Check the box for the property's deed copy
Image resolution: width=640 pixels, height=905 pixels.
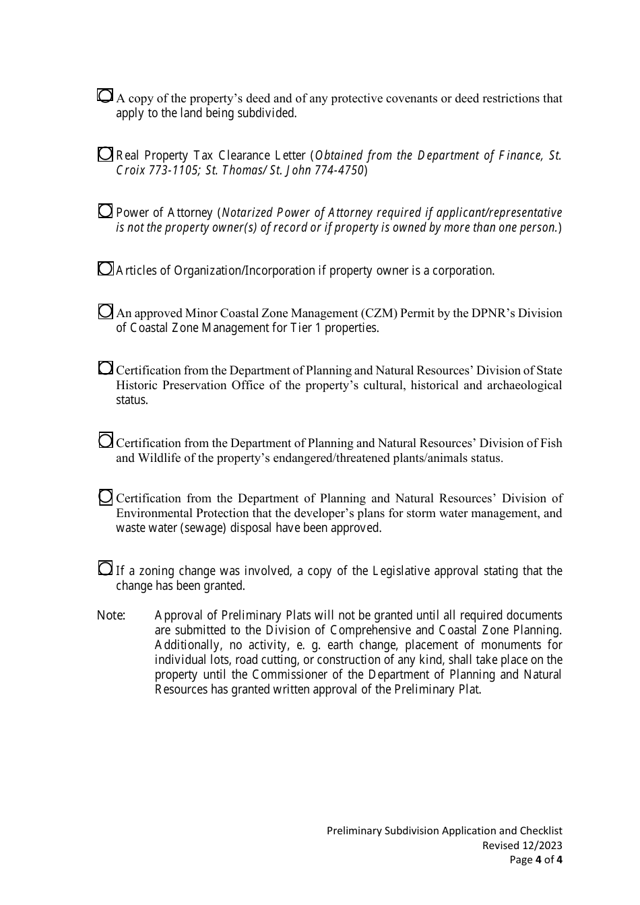[x=105, y=96]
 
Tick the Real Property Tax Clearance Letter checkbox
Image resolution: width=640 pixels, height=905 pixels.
[x=105, y=155]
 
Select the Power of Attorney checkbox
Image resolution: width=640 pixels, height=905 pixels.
[x=105, y=211]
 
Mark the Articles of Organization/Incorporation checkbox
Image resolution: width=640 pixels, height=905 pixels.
[x=105, y=269]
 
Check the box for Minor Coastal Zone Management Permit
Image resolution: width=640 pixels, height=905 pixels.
[x=105, y=312]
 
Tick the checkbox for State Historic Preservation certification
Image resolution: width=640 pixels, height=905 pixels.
[x=105, y=368]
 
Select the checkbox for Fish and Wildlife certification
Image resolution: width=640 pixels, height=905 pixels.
[x=105, y=441]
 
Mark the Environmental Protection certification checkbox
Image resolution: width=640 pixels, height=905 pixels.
[x=105, y=498]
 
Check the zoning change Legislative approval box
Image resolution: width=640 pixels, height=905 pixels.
[x=105, y=569]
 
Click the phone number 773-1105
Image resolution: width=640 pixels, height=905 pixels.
[x=172, y=170]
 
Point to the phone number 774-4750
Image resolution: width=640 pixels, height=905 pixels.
[x=340, y=170]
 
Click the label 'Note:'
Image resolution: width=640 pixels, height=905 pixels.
[x=111, y=615]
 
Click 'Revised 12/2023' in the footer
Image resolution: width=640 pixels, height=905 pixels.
[x=522, y=846]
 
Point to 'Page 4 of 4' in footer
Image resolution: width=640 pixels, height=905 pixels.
[x=536, y=860]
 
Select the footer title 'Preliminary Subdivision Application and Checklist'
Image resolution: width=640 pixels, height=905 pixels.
[x=444, y=831]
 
